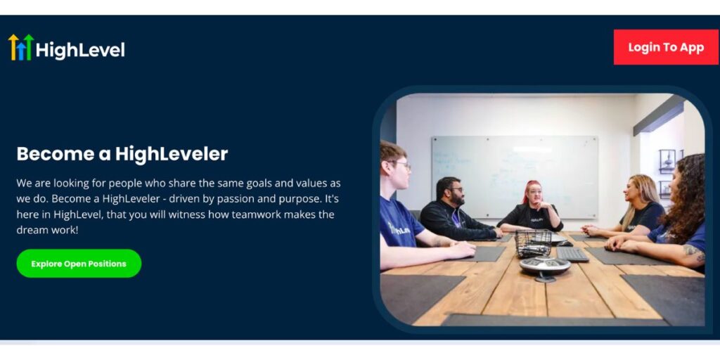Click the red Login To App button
pos(666,47)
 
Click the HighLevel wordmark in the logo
pos(80,50)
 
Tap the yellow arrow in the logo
pos(13,46)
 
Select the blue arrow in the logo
pos(21,51)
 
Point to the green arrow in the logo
pos(29,47)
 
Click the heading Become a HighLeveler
pos(122,154)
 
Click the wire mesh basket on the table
pos(533,243)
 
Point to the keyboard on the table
pos(572,254)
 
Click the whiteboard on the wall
pos(515,176)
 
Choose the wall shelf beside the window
pos(668,161)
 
